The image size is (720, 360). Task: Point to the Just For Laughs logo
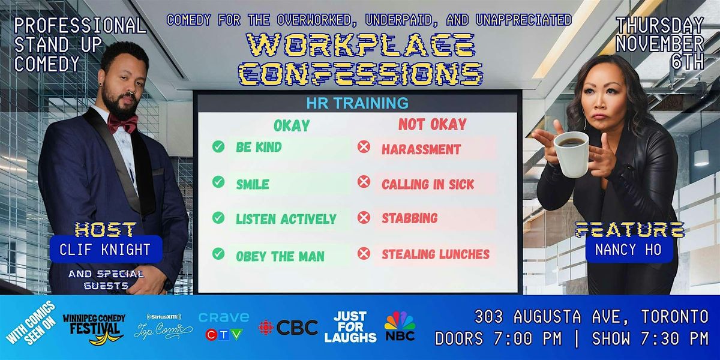pos(350,327)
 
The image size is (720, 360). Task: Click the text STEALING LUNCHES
pos(436,254)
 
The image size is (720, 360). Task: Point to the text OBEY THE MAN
pos(280,256)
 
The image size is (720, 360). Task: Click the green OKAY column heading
pos(292,125)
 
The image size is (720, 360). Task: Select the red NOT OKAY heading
pos(432,125)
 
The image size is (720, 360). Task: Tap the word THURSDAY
pos(660,26)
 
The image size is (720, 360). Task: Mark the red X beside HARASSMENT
pos(364,148)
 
